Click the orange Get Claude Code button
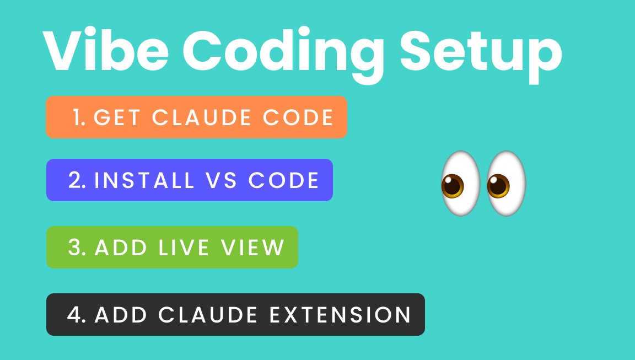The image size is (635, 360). point(196,117)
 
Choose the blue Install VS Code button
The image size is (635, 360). point(189,180)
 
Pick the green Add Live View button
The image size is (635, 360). point(172,248)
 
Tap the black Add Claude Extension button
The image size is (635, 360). point(235,314)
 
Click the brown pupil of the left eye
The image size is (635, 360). point(453,186)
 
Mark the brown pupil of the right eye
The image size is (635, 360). point(498,186)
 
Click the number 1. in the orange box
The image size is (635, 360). point(79,117)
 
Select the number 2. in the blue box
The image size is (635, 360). point(77,181)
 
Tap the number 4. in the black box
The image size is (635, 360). point(77,315)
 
